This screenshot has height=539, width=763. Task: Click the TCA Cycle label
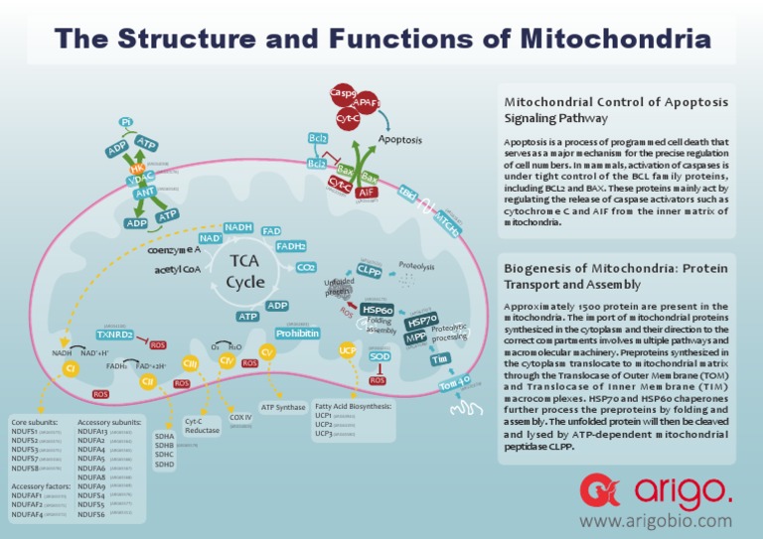coord(244,270)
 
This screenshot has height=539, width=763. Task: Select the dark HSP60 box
coord(379,309)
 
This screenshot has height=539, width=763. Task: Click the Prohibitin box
coord(297,334)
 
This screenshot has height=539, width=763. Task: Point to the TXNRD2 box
coord(115,335)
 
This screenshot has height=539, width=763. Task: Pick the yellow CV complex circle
coord(266,352)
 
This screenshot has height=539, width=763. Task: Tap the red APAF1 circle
coord(368,102)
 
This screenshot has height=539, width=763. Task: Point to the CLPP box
coord(369,270)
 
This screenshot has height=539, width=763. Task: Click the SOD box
coord(379,355)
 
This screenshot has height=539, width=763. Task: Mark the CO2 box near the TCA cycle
coord(306,267)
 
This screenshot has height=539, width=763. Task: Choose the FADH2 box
coord(290,246)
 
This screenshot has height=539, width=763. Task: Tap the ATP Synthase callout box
coord(282,407)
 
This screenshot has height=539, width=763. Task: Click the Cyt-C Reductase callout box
coord(202,428)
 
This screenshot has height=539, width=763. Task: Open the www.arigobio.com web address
coord(655,519)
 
